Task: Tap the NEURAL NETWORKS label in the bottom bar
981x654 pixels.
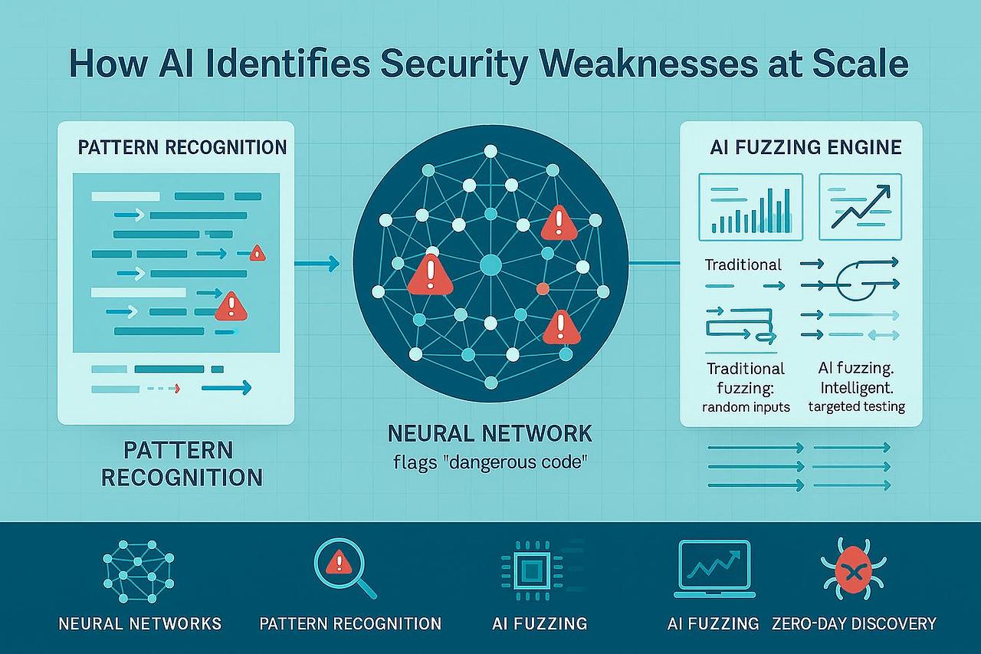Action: (x=140, y=623)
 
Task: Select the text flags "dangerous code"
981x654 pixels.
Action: (x=490, y=465)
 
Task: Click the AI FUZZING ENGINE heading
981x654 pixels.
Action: (x=805, y=147)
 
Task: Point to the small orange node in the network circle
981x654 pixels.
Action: (x=543, y=289)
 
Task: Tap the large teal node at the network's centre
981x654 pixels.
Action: (x=490, y=266)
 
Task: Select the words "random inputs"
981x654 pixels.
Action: (x=746, y=407)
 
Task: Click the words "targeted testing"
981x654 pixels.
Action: (x=857, y=407)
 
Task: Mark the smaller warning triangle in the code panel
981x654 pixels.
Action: (x=257, y=252)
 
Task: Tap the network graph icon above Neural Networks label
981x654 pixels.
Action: (x=139, y=569)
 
